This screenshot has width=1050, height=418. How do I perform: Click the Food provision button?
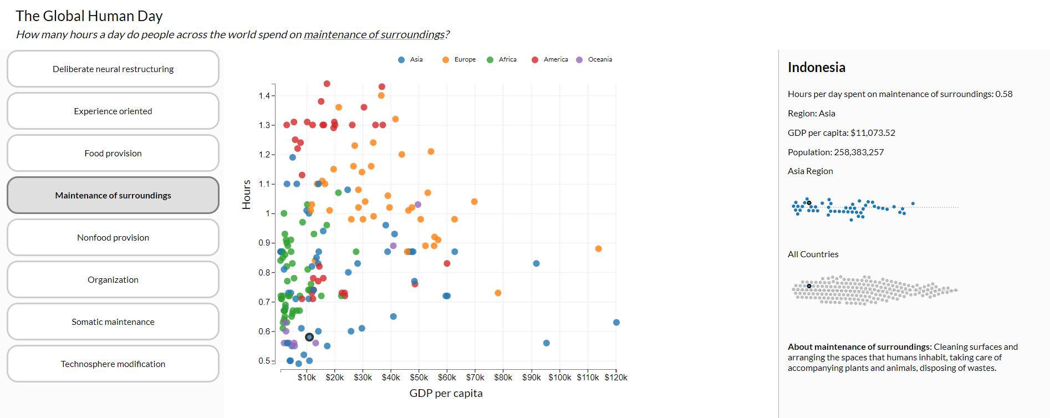113,153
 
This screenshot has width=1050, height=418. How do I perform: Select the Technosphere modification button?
113,364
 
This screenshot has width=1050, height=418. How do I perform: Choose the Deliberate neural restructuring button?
113,69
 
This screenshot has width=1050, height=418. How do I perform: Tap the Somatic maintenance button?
113,322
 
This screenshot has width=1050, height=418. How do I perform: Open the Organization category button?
113,279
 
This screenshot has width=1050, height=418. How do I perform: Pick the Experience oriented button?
113,111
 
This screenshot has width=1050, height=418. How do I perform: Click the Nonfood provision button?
113,237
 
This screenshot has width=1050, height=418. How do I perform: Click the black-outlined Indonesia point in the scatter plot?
309,337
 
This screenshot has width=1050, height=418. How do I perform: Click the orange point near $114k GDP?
598,249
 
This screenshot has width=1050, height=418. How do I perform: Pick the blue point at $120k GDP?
616,323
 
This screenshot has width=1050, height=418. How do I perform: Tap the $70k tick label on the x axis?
475,378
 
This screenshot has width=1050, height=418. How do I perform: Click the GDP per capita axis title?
446,393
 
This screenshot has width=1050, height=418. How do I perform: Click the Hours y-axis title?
247,195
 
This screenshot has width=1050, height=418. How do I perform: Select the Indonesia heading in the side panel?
816,68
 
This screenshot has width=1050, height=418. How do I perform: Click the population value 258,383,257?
859,152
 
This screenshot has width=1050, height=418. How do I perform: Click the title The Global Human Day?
89,16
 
